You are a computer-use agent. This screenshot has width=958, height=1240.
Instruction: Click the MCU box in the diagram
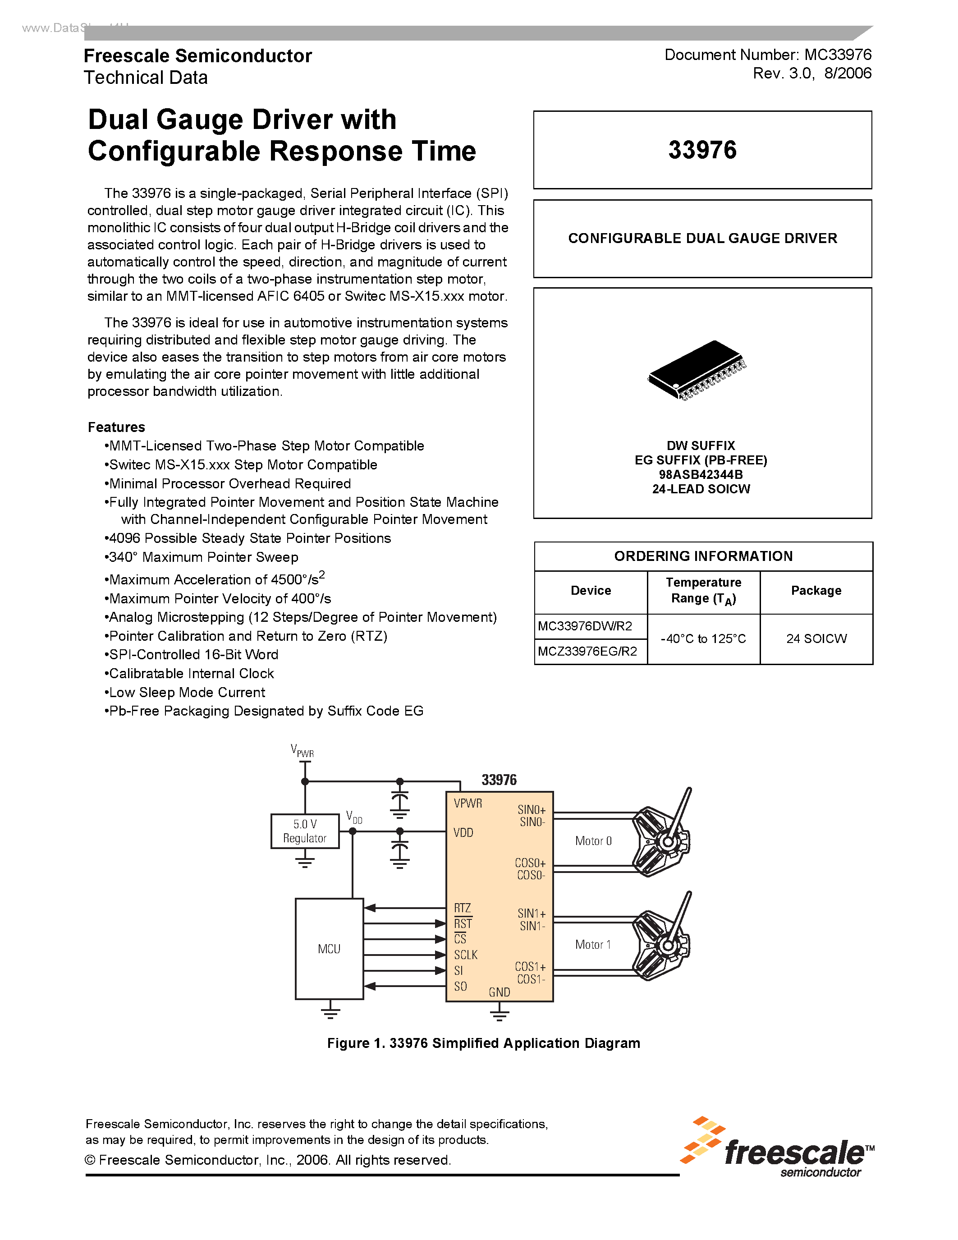[329, 949]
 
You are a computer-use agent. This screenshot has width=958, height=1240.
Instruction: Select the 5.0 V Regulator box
[305, 831]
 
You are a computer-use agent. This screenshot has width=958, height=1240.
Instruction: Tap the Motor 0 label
[593, 841]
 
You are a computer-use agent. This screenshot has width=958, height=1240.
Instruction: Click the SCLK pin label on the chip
[465, 955]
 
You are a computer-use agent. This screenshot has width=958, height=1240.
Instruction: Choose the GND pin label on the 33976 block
[499, 992]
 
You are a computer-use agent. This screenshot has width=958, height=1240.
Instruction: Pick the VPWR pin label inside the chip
[468, 804]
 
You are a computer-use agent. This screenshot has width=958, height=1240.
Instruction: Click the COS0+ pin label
[530, 863]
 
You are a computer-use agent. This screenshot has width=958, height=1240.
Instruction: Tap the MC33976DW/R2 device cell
[585, 626]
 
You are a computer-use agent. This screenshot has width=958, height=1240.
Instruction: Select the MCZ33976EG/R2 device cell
[587, 651]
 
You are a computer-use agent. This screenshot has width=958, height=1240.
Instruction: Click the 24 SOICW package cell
[816, 639]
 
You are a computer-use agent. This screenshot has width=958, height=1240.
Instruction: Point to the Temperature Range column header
[703, 591]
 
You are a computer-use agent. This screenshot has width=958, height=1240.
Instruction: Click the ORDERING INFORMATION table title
[703, 556]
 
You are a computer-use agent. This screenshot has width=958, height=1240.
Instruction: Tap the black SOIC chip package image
[697, 370]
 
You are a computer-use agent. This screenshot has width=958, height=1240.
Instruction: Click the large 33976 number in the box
[702, 150]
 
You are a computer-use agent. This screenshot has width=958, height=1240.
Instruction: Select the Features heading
[116, 427]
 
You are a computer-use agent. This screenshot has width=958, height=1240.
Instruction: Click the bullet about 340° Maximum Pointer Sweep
[203, 557]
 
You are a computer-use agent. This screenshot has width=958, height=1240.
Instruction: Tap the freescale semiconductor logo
[778, 1148]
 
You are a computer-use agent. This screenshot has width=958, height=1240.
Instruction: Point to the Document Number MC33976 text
[768, 55]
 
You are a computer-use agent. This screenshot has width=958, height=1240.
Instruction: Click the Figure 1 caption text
[484, 1043]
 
